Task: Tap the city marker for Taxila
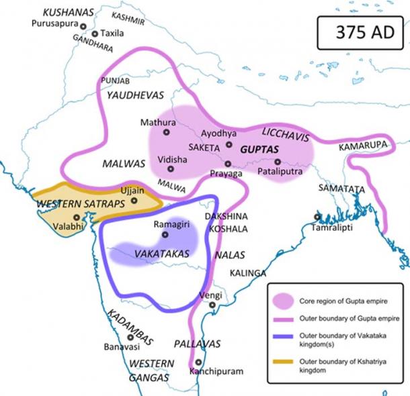click(x=95, y=34)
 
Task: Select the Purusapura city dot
click(x=83, y=26)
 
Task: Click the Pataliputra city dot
click(x=277, y=162)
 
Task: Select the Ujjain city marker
click(x=134, y=200)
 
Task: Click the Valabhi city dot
click(x=77, y=217)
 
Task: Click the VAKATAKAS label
click(x=163, y=254)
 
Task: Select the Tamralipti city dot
click(x=317, y=217)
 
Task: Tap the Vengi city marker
click(x=212, y=305)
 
